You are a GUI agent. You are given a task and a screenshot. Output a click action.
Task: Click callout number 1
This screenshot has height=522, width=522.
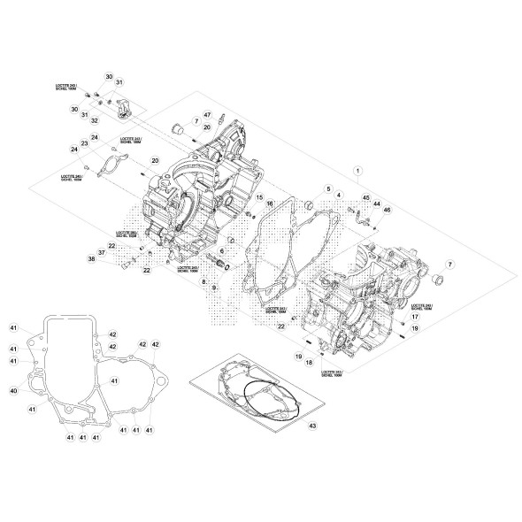pyautogui.click(x=357, y=169)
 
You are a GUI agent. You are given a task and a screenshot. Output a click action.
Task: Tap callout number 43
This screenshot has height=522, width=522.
pyautogui.click(x=312, y=426)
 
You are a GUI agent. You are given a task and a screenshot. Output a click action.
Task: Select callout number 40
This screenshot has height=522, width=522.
pyautogui.click(x=13, y=390)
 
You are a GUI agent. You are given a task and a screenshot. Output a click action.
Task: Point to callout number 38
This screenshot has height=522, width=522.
pyautogui.click(x=90, y=259)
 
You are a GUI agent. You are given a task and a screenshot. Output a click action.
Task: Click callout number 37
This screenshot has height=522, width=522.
pyautogui.click(x=102, y=252)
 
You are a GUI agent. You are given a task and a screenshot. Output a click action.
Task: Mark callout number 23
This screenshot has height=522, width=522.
pyautogui.click(x=84, y=144)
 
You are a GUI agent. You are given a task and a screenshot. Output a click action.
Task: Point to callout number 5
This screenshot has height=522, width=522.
pyautogui.click(x=326, y=188)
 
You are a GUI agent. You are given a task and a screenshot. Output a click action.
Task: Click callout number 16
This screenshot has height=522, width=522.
pyautogui.click(x=270, y=203)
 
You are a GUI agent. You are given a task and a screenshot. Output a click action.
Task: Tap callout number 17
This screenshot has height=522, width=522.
pyautogui.click(x=413, y=316)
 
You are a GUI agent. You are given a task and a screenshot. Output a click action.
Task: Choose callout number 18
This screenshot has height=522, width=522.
pyautogui.click(x=310, y=362)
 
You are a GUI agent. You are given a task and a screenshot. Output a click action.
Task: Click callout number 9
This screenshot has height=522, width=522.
pyautogui.click(x=212, y=288)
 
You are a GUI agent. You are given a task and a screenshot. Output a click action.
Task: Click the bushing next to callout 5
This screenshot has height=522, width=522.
pyautogui.click(x=309, y=207)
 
